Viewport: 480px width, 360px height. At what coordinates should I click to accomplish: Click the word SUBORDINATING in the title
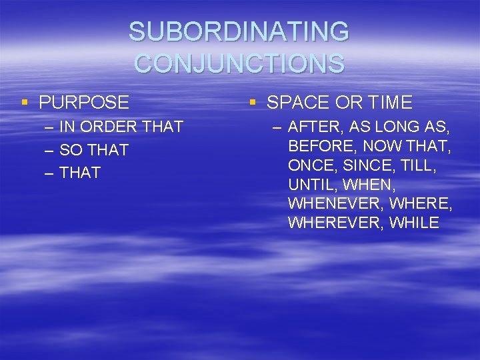tap(239, 32)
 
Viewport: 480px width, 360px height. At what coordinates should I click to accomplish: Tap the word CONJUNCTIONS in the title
tap(239, 64)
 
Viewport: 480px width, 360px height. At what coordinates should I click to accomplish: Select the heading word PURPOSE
tap(84, 103)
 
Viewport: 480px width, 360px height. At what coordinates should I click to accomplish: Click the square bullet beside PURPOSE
tap(25, 102)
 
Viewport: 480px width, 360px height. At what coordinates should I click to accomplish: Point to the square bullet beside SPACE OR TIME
tap(252, 102)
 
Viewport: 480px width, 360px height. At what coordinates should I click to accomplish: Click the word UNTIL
tap(311, 184)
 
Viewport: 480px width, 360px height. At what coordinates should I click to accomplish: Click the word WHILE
tap(415, 223)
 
